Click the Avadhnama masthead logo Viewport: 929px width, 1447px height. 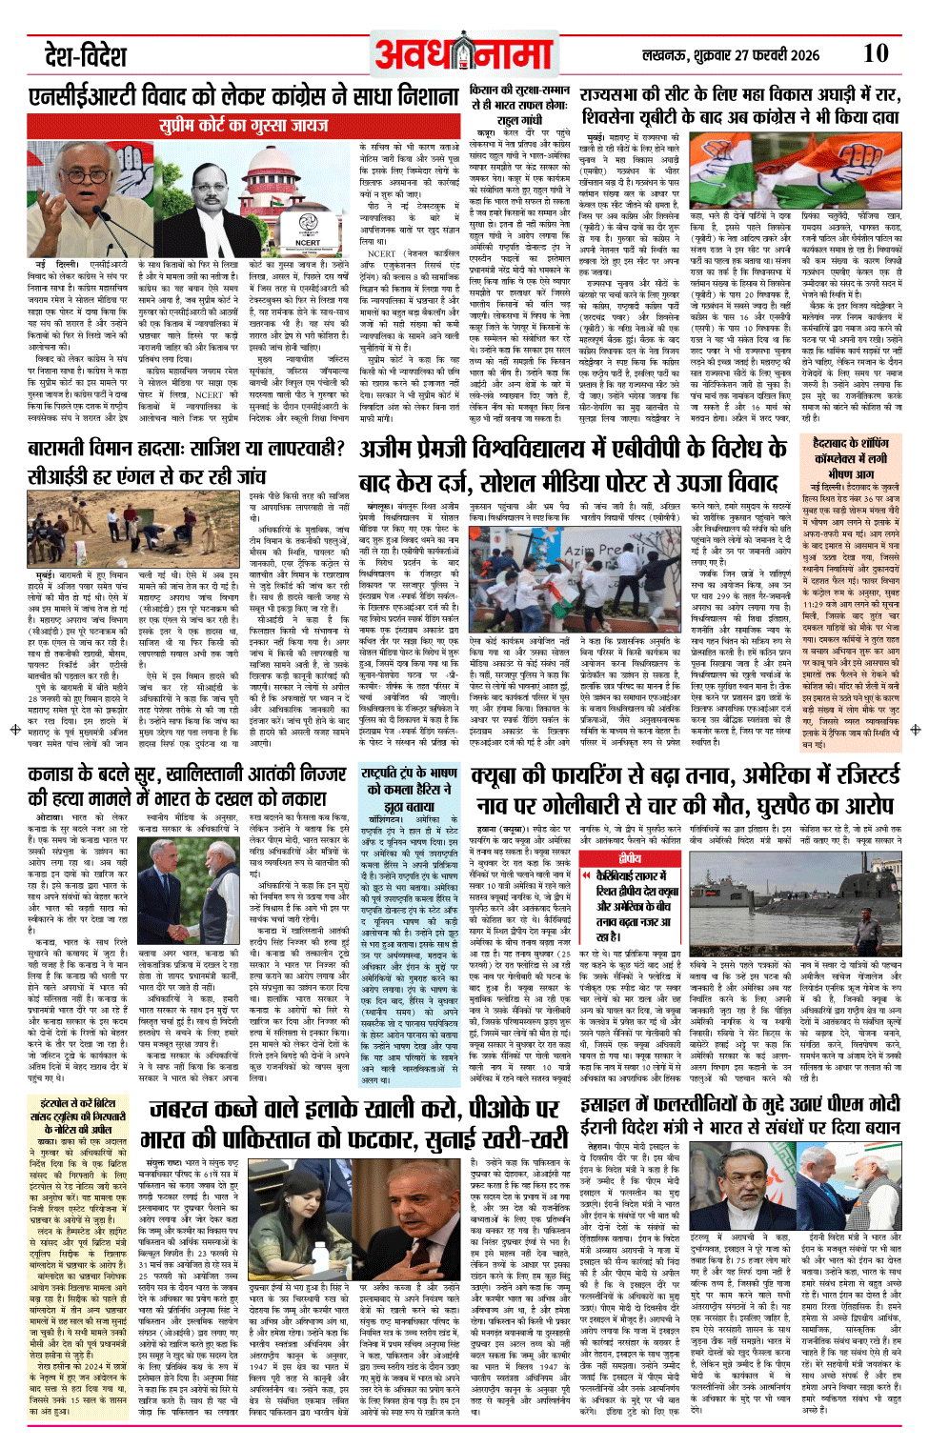(463, 55)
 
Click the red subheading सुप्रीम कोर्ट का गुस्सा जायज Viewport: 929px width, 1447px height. (243, 125)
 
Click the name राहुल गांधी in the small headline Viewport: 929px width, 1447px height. (520, 120)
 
